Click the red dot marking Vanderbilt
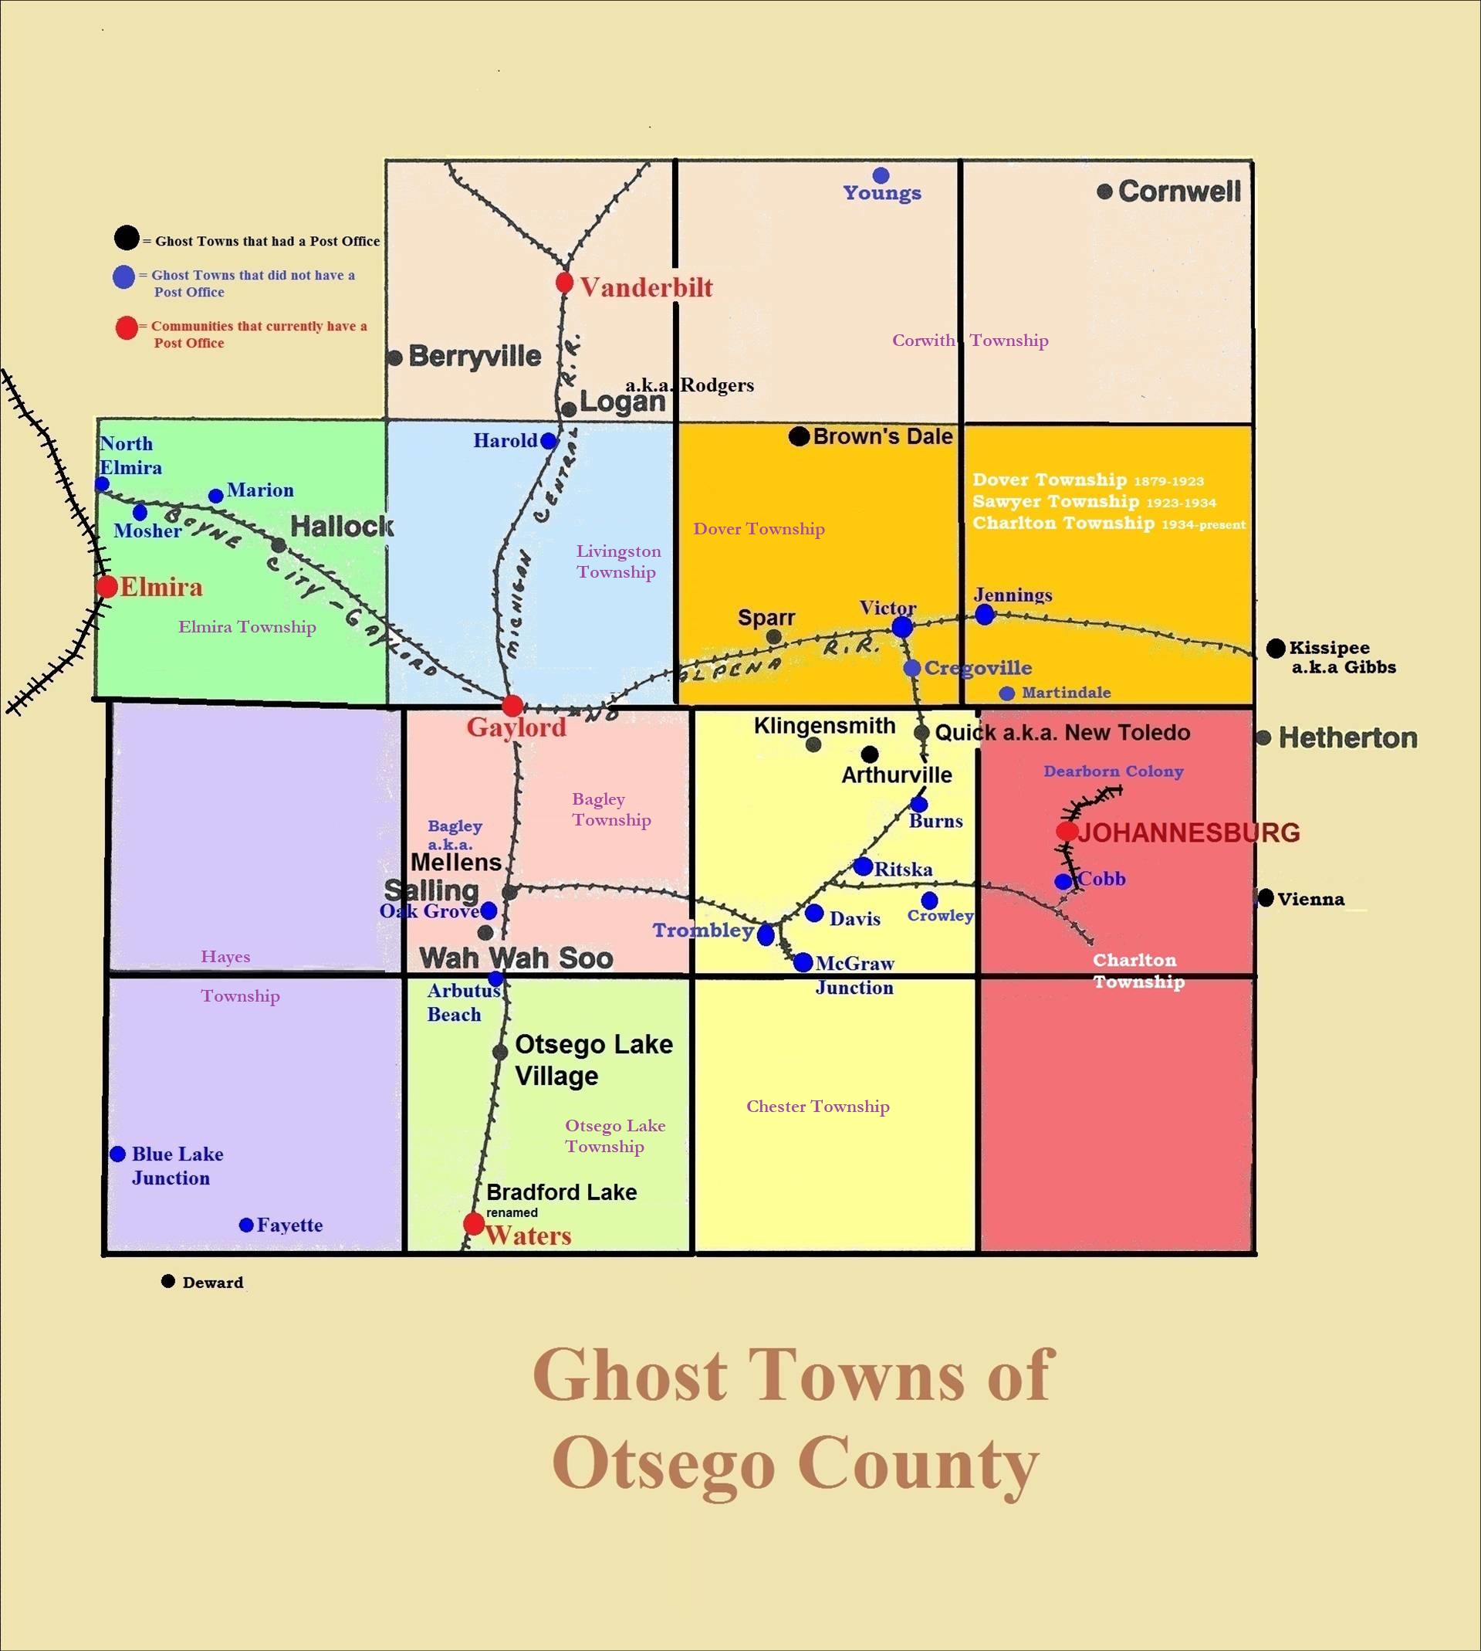pyautogui.click(x=565, y=283)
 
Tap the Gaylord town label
pyautogui.click(x=516, y=727)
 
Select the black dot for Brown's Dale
pyautogui.click(x=799, y=436)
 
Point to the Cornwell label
pyautogui.click(x=1179, y=192)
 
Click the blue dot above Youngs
pyautogui.click(x=881, y=175)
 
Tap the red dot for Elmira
pyautogui.click(x=107, y=586)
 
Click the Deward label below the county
pyautogui.click(x=212, y=1282)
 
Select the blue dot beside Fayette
pyautogui.click(x=245, y=1226)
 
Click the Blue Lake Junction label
pyautogui.click(x=177, y=1166)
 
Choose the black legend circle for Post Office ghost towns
pyautogui.click(x=126, y=238)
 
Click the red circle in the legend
pyautogui.click(x=126, y=328)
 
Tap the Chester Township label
pyautogui.click(x=818, y=1107)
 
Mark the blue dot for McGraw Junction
pyautogui.click(x=803, y=962)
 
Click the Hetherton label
pyautogui.click(x=1347, y=737)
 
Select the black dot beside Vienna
pyautogui.click(x=1266, y=898)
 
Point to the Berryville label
pyautogui.click(x=475, y=356)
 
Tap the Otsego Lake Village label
pyautogui.click(x=593, y=1060)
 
